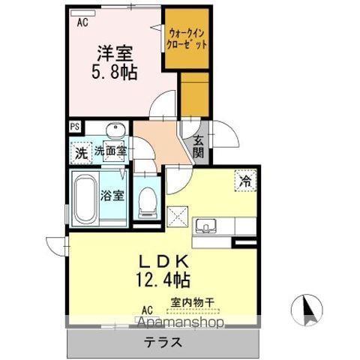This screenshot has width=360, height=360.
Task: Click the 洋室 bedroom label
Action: pos(115,53)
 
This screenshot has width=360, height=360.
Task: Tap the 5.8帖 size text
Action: pos(115,72)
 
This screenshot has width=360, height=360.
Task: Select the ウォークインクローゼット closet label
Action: pos(187,39)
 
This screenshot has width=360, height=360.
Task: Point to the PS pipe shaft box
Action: pos(75,127)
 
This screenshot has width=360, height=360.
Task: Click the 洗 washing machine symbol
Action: pos(81,153)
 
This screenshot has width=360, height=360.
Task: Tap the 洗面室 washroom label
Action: pos(111,151)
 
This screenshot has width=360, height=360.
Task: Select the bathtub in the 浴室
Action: pos(85,199)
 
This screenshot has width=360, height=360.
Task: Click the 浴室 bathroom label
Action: pos(112,196)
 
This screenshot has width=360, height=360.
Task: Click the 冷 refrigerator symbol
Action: pos(245,181)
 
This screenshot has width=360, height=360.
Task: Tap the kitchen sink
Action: pos(206,225)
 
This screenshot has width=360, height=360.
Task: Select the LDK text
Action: pos(163,262)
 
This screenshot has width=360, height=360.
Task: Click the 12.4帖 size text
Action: pos(163,280)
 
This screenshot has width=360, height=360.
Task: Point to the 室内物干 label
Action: pos(193,303)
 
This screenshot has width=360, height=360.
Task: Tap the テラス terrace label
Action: pos(163,342)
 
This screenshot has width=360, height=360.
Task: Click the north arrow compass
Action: pos(307,310)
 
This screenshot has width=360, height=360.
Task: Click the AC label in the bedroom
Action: pos(82,22)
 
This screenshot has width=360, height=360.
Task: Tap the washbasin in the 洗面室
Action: pos(115,129)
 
